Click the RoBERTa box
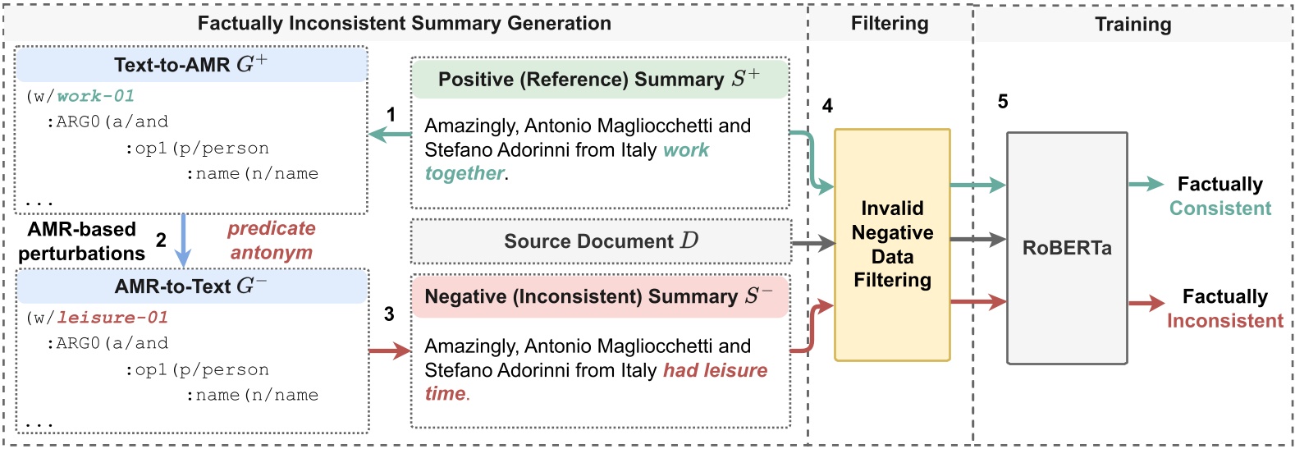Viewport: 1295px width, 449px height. click(1066, 248)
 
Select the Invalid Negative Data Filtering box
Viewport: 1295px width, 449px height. click(892, 245)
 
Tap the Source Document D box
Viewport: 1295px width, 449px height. click(601, 241)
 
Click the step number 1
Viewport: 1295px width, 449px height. click(391, 115)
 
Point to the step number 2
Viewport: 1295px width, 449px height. click(161, 240)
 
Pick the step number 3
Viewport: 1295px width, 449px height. click(389, 314)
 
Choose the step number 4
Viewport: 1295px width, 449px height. click(827, 106)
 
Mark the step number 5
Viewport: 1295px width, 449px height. click(1003, 102)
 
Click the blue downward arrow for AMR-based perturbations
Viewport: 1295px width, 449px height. click(183, 241)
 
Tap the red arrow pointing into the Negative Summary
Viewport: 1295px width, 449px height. click(390, 351)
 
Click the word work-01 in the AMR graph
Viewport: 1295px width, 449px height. click(95, 96)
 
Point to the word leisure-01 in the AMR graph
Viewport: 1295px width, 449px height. click(112, 318)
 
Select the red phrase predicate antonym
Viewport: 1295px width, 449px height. click(272, 241)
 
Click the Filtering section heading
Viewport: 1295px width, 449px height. click(890, 24)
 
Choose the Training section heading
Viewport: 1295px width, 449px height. click(1133, 25)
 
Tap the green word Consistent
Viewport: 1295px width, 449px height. click(1219, 208)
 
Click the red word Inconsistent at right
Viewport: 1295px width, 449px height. click(1224, 321)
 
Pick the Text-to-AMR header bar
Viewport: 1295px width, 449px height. click(190, 65)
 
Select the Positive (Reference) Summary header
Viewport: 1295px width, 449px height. click(599, 80)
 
